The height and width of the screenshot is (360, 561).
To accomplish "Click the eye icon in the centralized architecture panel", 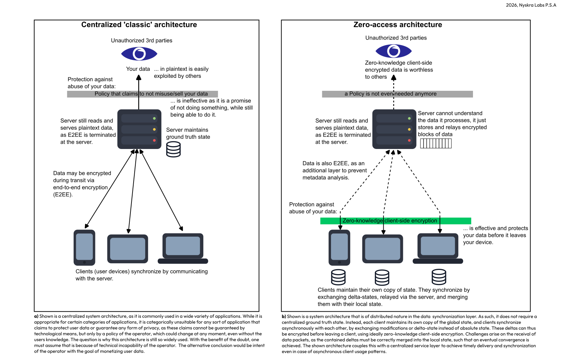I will pyautogui.click(x=139, y=54).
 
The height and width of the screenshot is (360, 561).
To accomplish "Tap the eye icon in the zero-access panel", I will pyautogui.click(x=393, y=51).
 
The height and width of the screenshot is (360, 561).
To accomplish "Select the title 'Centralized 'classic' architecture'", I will pyautogui.click(x=139, y=25).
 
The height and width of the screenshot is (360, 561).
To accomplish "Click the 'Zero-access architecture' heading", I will pyautogui.click(x=398, y=25).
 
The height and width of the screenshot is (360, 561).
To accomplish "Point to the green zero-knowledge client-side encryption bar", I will pyautogui.click(x=396, y=221).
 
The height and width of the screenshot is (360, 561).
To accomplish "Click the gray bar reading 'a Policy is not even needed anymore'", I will pyautogui.click(x=397, y=94).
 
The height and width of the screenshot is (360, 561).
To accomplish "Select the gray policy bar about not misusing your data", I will pyautogui.click(x=142, y=94).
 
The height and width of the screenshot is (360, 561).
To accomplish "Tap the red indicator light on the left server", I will pyautogui.click(x=154, y=140).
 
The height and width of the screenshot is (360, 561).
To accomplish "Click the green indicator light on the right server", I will pyautogui.click(x=409, y=118).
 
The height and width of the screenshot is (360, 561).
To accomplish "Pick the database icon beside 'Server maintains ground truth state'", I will pyautogui.click(x=173, y=149).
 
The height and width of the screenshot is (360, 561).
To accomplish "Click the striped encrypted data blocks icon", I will pyautogui.click(x=436, y=143).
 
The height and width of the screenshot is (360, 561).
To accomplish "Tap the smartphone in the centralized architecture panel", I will pyautogui.click(x=84, y=247).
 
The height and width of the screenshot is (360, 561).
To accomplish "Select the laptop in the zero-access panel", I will pyautogui.click(x=438, y=249).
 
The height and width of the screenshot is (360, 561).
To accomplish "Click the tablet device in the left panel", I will pyautogui.click(x=127, y=249).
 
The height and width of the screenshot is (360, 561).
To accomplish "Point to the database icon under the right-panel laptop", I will pyautogui.click(x=439, y=277).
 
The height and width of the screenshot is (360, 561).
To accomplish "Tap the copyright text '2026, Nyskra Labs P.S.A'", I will pyautogui.click(x=531, y=5).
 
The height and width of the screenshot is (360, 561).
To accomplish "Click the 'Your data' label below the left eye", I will pyautogui.click(x=138, y=69).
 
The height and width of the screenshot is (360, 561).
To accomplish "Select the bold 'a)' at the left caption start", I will pyautogui.click(x=36, y=316).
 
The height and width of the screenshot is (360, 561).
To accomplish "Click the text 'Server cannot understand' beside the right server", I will pyautogui.click(x=450, y=113).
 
